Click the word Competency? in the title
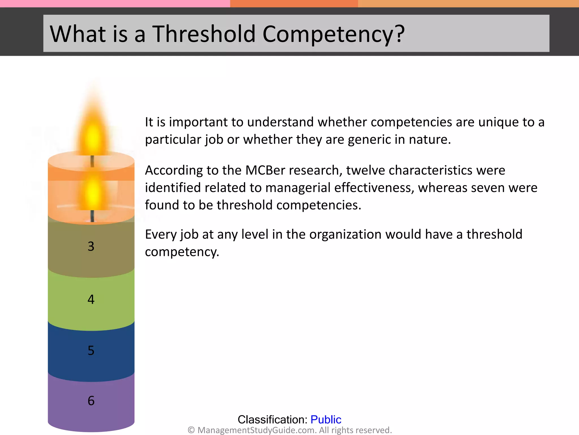pyautogui.click(x=334, y=35)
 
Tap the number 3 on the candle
pyautogui.click(x=91, y=246)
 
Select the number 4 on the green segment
pyautogui.click(x=91, y=299)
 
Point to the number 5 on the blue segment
pyautogui.click(x=91, y=351)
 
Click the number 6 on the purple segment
pyautogui.click(x=91, y=401)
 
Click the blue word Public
pyautogui.click(x=326, y=419)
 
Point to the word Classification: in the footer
pyautogui.click(x=272, y=419)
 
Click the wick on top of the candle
pyautogui.click(x=92, y=161)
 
